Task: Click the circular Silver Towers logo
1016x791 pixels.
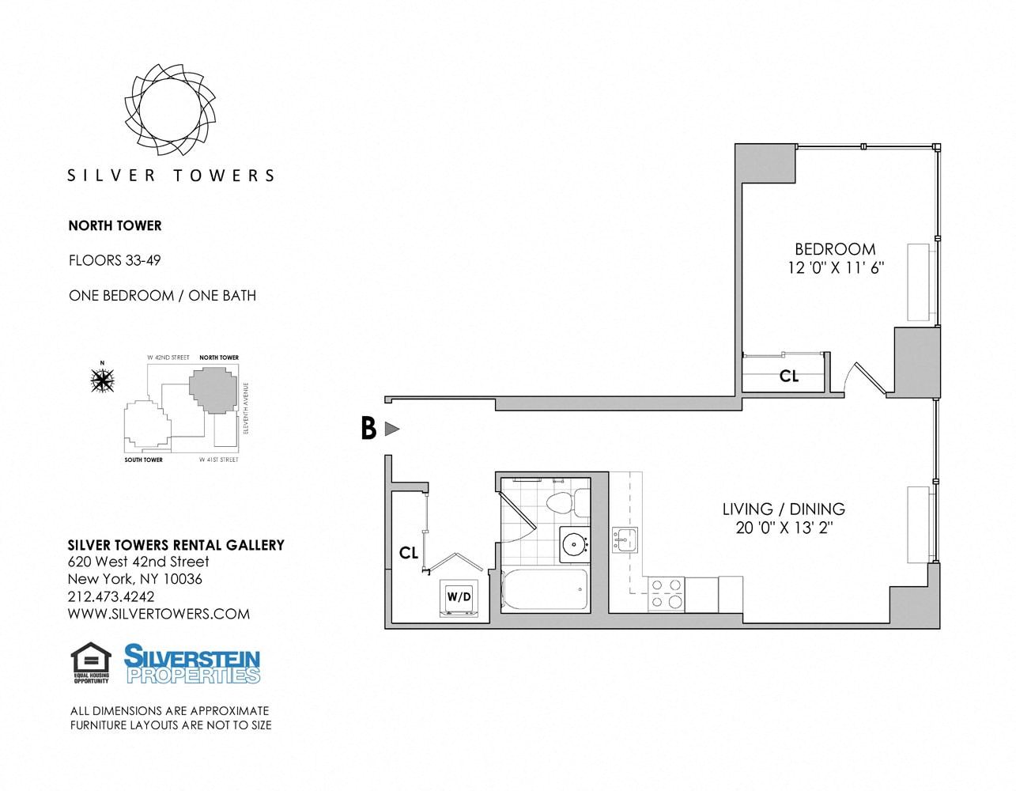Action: tap(169, 108)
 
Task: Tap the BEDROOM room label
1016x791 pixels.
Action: tap(835, 248)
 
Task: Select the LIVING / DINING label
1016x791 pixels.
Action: tap(784, 509)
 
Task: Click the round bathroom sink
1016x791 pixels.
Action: tap(573, 544)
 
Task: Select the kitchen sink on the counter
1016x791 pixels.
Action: tap(624, 540)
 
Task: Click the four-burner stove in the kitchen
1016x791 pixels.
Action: tap(666, 593)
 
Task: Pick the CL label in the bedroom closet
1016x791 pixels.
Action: tap(788, 377)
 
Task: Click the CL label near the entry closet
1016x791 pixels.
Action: tap(408, 553)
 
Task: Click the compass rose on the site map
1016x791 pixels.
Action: tap(102, 380)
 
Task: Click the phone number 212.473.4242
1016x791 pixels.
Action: tap(111, 596)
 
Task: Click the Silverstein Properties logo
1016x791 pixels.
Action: tap(192, 664)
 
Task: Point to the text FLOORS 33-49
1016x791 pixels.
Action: tap(115, 260)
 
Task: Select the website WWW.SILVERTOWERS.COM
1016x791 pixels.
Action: tap(159, 614)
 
